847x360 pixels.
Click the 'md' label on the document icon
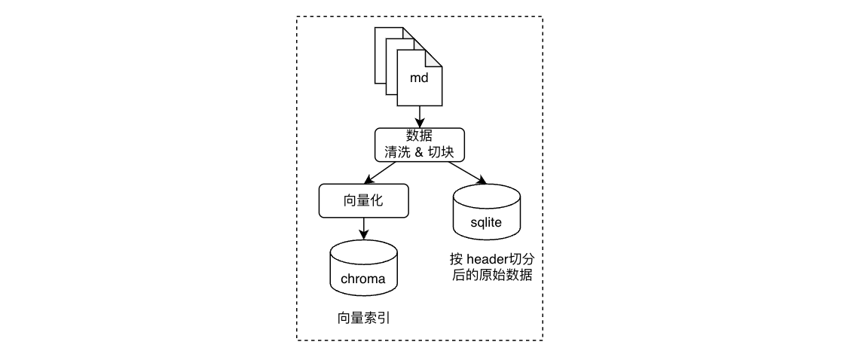pos(419,78)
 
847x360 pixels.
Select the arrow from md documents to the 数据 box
pos(419,117)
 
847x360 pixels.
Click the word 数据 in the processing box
pos(419,136)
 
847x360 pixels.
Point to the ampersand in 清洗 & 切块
pos(419,151)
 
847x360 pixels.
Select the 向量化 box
pos(364,200)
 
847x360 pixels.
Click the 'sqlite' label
pos(486,221)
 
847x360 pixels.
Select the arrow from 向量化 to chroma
pos(364,228)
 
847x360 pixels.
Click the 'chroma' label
pos(363,279)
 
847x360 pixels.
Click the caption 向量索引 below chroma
pos(363,319)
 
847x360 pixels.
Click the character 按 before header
pos(456,259)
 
